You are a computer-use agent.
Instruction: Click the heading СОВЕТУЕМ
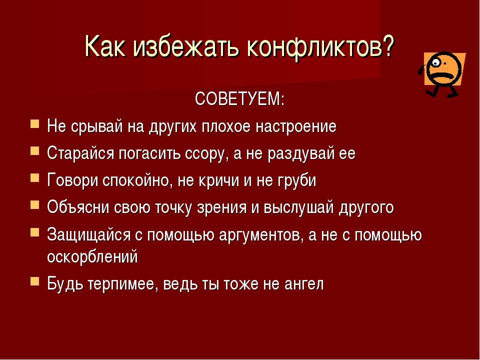tap(239, 98)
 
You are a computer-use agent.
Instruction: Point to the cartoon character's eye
tap(435, 63)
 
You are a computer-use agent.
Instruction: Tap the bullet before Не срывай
tap(34, 124)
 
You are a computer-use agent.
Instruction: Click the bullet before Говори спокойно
tap(34, 178)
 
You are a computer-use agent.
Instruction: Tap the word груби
tap(296, 180)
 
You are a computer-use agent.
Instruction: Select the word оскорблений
tap(92, 256)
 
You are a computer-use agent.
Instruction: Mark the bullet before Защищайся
tap(34, 232)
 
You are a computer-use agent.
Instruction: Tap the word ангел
tap(303, 284)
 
